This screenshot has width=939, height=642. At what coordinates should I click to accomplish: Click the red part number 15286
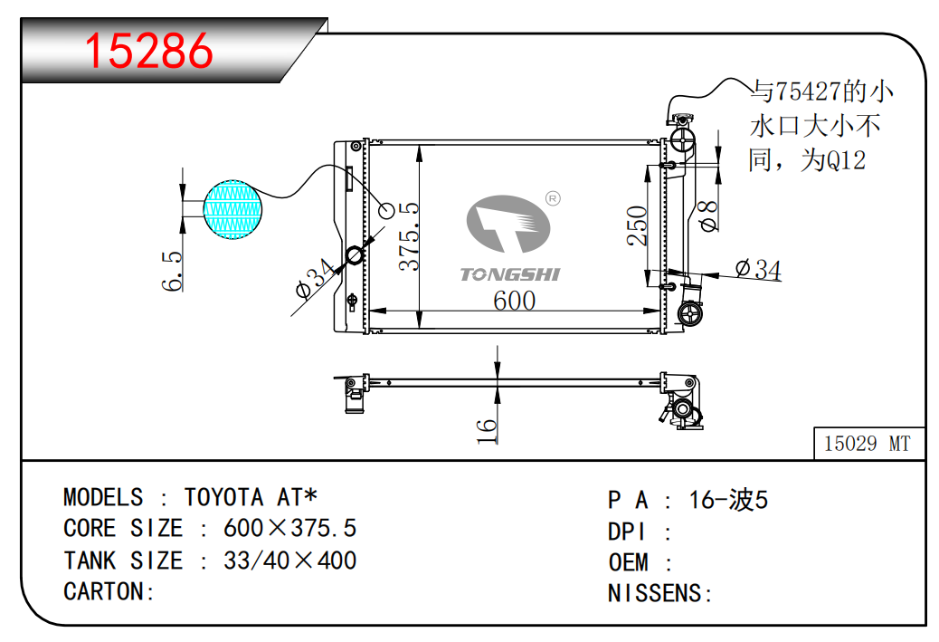tap(148, 51)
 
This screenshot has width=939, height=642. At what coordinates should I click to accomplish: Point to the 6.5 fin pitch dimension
tap(172, 271)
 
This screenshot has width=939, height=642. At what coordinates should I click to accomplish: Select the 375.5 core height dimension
tap(410, 235)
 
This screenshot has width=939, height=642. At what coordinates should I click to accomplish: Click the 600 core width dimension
tap(514, 300)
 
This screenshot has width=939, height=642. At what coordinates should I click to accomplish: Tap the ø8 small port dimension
tap(709, 216)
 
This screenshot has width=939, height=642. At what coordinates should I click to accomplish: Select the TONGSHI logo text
tap(510, 274)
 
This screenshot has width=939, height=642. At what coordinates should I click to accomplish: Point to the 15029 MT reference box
tap(868, 444)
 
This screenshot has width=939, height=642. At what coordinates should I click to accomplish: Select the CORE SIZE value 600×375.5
tap(289, 529)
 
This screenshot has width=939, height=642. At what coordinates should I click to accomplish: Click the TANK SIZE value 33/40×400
tap(289, 561)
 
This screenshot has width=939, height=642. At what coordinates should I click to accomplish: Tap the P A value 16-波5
tap(728, 500)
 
